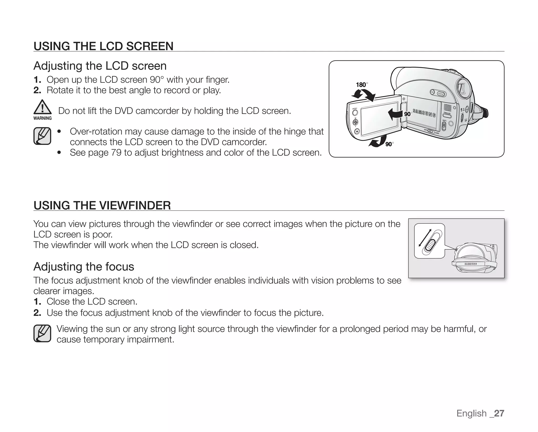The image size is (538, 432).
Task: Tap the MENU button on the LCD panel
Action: (x=355, y=112)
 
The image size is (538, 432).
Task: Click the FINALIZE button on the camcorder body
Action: (x=447, y=116)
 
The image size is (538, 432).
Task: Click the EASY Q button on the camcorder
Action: (x=441, y=94)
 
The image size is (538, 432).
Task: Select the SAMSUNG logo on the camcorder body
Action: (x=424, y=113)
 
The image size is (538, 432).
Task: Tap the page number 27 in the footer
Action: (x=499, y=413)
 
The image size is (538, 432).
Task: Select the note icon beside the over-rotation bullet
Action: (x=42, y=136)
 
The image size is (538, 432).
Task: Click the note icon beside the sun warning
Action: (x=42, y=333)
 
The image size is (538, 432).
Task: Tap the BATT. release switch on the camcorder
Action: (x=444, y=126)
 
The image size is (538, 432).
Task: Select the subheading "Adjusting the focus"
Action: (x=84, y=266)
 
